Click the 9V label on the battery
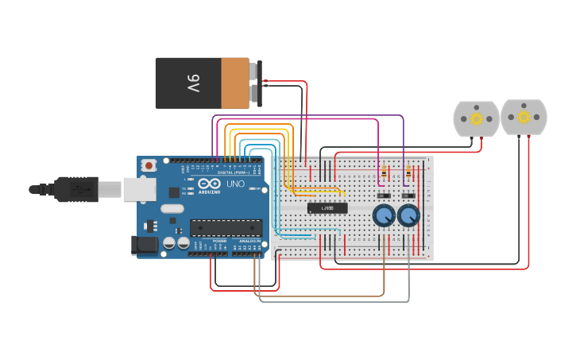click(x=193, y=83)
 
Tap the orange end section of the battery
click(x=234, y=83)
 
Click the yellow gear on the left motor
click(x=476, y=119)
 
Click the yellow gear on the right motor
click(x=524, y=118)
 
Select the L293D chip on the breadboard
click(x=327, y=208)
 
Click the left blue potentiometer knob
click(x=384, y=215)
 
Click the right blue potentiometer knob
click(x=408, y=215)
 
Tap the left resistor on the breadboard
click(x=385, y=171)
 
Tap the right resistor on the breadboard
click(x=408, y=171)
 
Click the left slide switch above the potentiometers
click(x=384, y=195)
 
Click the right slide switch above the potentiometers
click(x=408, y=195)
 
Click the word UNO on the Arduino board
click(x=236, y=184)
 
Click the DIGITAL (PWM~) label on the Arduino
click(x=236, y=172)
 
